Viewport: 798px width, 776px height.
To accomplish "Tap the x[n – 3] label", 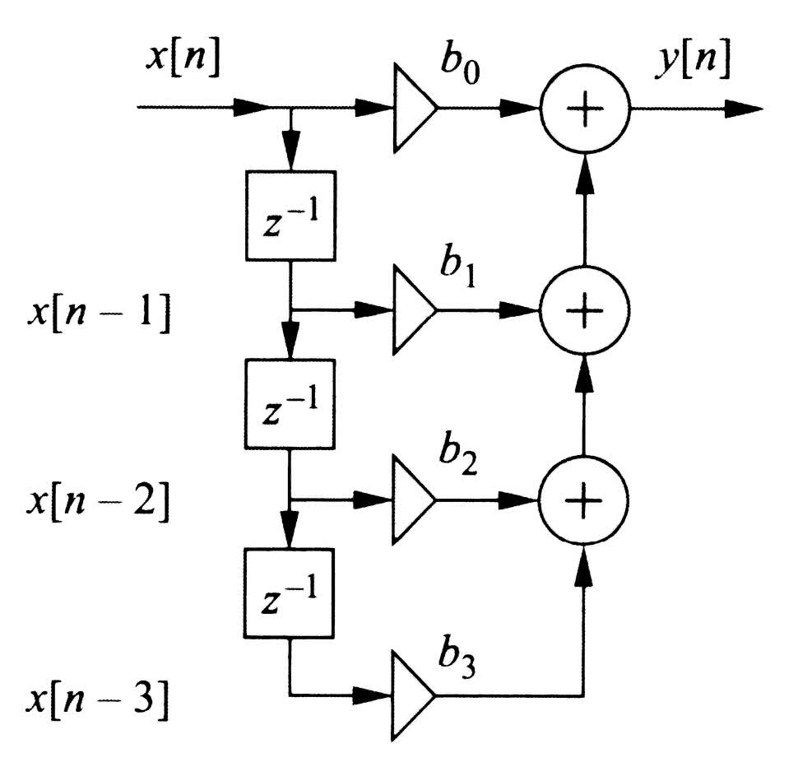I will (x=97, y=700).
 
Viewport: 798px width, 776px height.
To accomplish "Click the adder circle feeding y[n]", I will (x=584, y=108).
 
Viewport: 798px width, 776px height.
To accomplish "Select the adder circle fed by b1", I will (x=584, y=309).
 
